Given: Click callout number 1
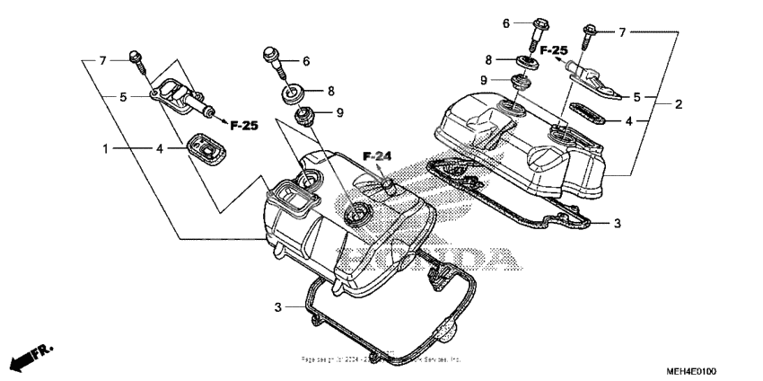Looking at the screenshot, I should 107,147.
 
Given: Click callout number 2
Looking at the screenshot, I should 679,104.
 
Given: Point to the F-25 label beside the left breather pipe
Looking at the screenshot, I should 244,125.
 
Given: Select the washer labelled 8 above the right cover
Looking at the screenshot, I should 524,63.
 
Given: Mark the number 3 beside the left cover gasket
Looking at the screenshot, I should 278,307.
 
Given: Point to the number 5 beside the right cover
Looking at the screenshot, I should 637,96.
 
